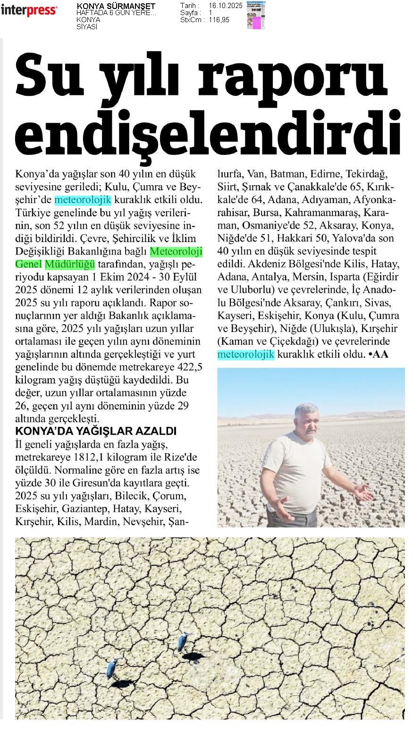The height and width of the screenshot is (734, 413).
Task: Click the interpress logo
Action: click(29, 10)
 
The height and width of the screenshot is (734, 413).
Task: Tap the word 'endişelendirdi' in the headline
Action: click(208, 128)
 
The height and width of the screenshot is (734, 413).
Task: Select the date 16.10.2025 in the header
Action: click(225, 6)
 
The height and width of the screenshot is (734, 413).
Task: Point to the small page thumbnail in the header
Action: click(256, 16)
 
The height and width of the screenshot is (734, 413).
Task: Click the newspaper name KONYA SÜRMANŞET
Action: click(116, 6)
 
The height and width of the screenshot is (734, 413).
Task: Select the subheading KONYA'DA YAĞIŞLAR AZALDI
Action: click(96, 431)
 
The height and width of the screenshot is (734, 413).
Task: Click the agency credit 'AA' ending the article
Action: click(380, 354)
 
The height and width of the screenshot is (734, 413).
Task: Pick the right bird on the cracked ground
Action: click(183, 642)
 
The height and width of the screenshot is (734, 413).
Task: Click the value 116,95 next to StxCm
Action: click(219, 20)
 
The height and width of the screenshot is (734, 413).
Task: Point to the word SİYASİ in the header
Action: click(87, 27)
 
